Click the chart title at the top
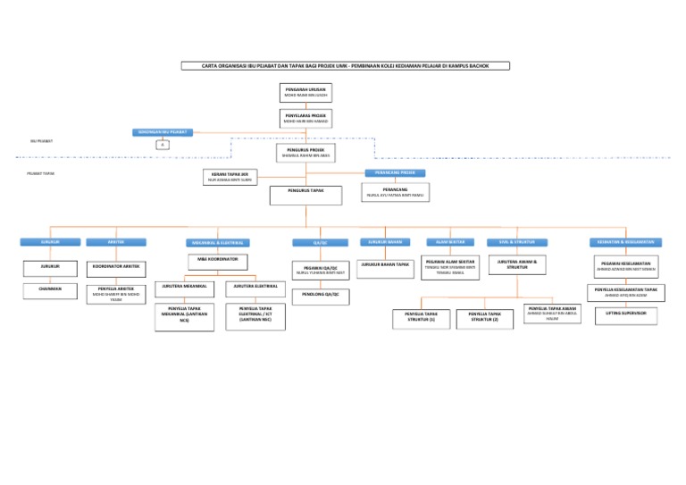pos(344,65)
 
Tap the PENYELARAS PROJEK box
pos(305,119)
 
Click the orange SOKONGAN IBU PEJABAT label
pos(161,131)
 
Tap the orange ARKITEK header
pos(115,241)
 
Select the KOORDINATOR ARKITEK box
pos(115,266)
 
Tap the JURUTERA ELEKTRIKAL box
pos(255,287)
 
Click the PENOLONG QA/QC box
pos(318,293)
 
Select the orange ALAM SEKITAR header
pos(450,241)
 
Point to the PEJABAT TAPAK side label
pos(41,174)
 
